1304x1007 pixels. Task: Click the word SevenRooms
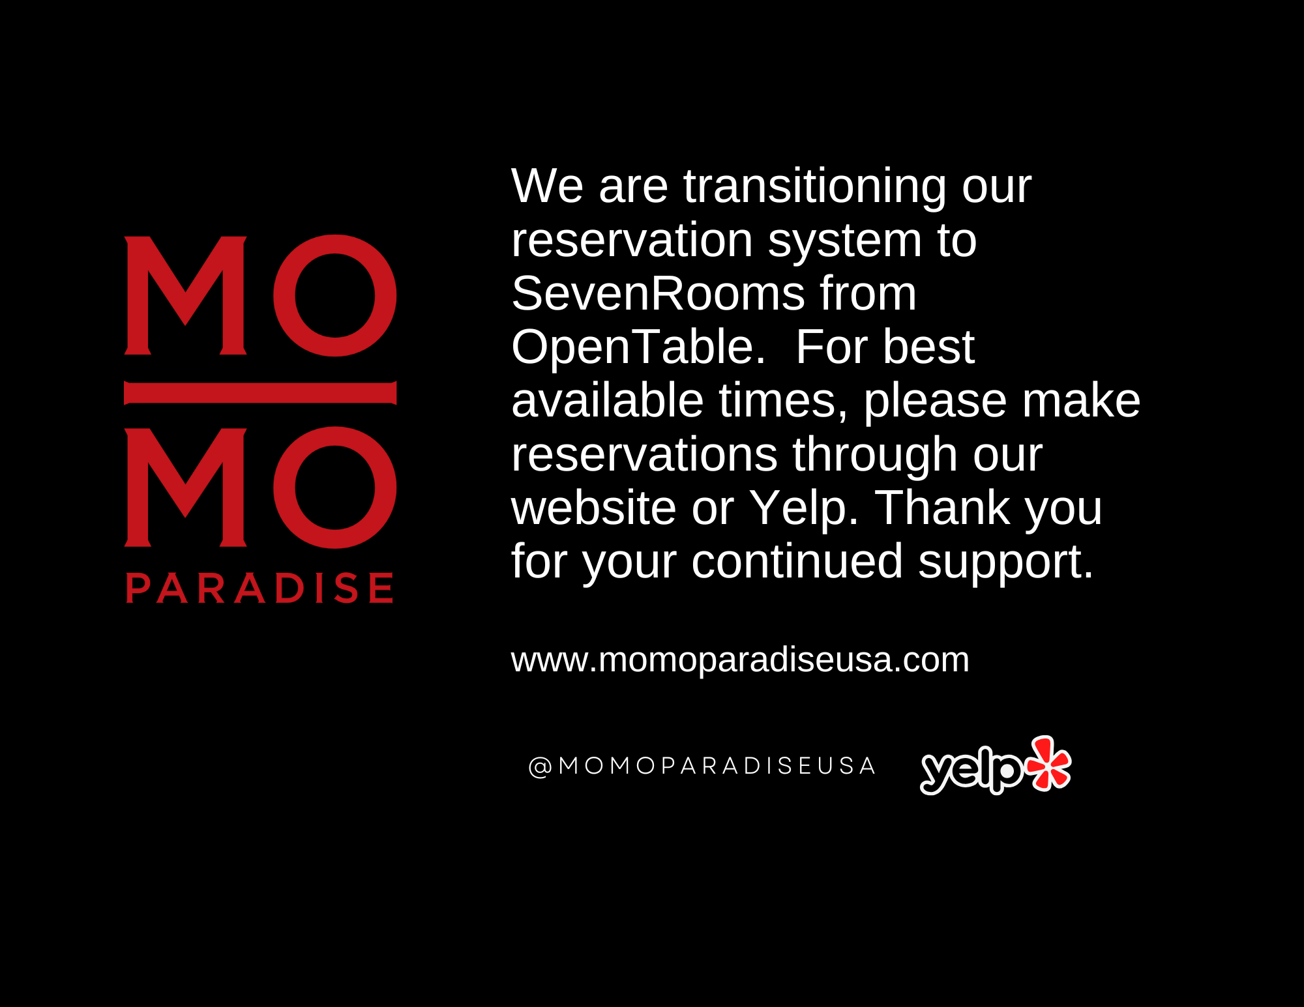click(659, 294)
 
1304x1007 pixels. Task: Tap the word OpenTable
click(638, 347)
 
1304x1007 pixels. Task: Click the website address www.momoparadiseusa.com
click(740, 660)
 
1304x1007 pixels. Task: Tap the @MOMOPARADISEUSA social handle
click(702, 766)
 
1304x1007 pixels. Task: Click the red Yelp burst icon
click(1048, 763)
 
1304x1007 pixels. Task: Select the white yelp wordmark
click(972, 772)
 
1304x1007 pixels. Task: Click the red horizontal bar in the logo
click(260, 392)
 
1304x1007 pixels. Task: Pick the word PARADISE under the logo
click(259, 588)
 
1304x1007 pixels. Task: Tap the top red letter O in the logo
click(334, 295)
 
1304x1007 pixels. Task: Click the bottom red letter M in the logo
click(186, 487)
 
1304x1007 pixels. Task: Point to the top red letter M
click(186, 295)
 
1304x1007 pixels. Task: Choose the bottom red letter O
click(334, 488)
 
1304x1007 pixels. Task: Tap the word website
click(594, 508)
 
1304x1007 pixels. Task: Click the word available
click(608, 401)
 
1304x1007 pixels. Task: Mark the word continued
click(797, 561)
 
